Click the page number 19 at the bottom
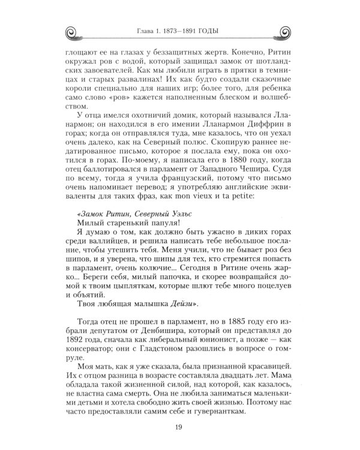[180, 427]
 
